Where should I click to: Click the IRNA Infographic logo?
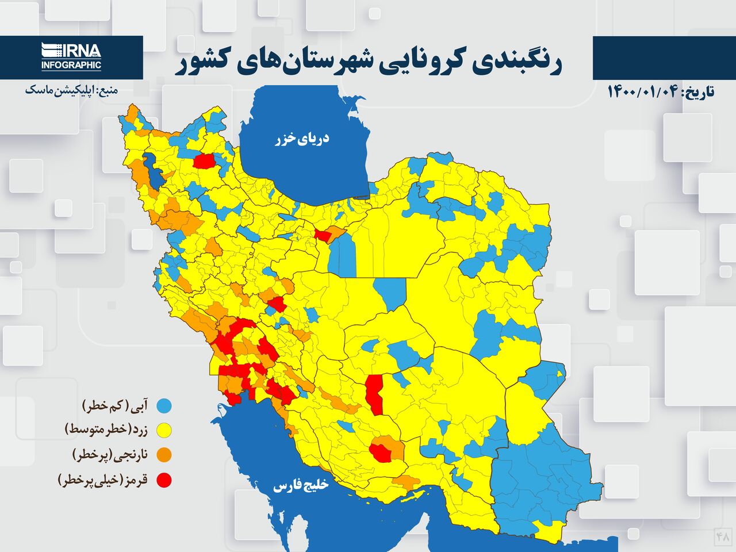[x=71, y=57]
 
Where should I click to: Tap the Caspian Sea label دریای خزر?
[x=302, y=139]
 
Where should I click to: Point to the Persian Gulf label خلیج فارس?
[x=300, y=486]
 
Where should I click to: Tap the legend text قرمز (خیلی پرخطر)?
[x=103, y=480]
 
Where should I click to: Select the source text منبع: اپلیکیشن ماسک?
[x=71, y=90]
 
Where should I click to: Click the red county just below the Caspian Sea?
[x=324, y=235]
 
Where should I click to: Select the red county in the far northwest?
[x=204, y=161]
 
